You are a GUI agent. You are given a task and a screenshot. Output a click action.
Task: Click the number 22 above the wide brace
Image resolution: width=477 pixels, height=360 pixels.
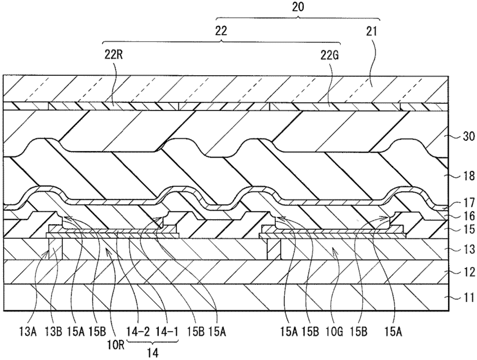coord(221,32)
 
